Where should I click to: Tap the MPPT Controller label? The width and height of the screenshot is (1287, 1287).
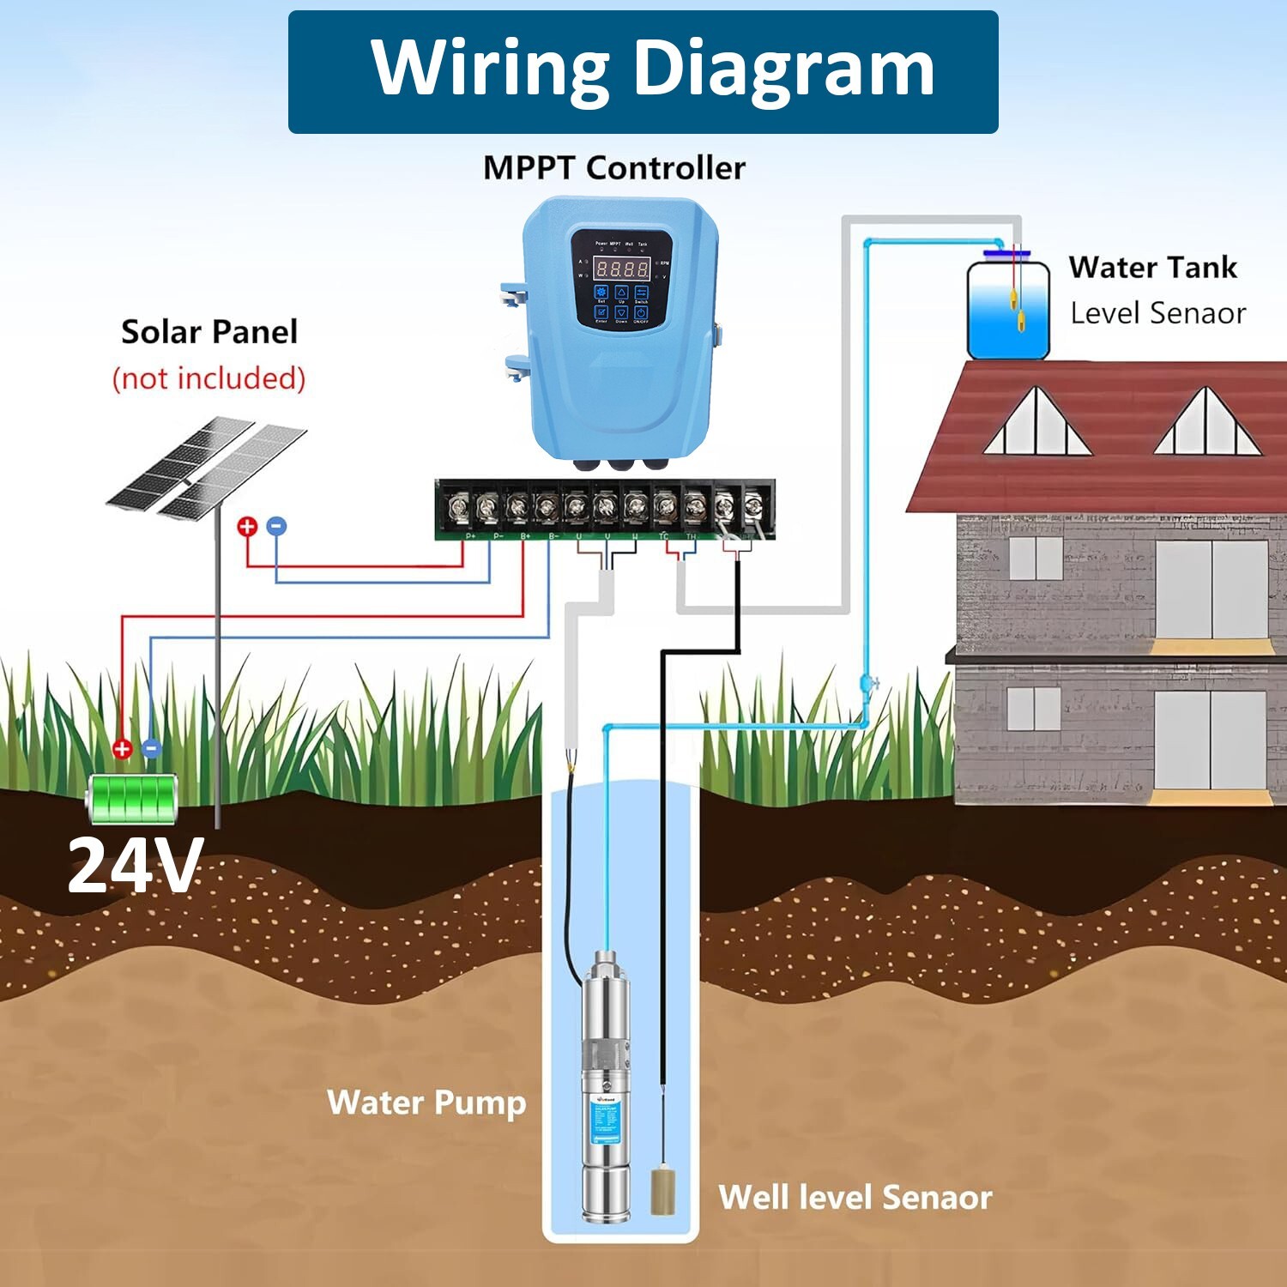click(613, 168)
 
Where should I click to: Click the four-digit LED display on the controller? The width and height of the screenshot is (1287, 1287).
click(623, 268)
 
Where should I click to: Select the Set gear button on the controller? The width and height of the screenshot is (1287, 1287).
click(601, 293)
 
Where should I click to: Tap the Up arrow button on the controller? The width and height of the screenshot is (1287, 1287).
click(622, 293)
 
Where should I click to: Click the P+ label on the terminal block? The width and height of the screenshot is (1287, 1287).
click(470, 536)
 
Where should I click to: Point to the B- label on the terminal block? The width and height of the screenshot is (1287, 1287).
click(553, 536)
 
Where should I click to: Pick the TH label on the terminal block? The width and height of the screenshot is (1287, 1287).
click(692, 536)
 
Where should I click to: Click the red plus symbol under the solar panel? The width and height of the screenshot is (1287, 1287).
click(247, 526)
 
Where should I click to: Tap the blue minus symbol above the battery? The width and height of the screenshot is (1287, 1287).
click(152, 748)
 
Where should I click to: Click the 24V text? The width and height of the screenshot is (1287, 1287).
click(136, 865)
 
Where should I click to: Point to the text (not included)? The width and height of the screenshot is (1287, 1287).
click(209, 378)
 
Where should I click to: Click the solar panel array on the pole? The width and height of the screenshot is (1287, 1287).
click(206, 468)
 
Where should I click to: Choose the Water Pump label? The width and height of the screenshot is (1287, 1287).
click(426, 1103)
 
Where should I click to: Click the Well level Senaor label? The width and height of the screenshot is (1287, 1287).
click(855, 1197)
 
